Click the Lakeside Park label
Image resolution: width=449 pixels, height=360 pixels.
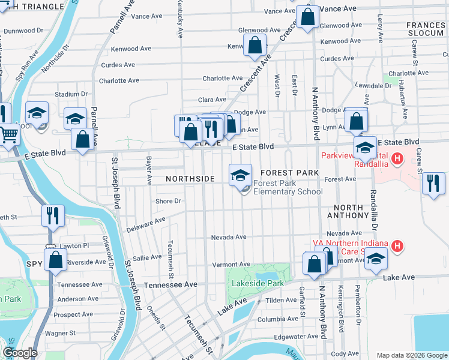(x=255, y=283)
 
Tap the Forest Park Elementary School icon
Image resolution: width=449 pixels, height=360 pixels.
(x=241, y=175)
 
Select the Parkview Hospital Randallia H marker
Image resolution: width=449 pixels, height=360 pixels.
(x=397, y=158)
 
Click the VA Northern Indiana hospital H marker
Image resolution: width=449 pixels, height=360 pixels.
(x=397, y=246)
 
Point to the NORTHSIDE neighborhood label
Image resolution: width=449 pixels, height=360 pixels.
(x=190, y=179)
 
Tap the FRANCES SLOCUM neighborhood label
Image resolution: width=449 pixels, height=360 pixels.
(x=425, y=29)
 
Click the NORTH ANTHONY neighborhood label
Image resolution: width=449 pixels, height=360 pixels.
(x=348, y=211)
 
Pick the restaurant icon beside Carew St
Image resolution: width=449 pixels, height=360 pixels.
(x=433, y=184)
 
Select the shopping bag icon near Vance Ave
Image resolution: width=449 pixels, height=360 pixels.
(x=307, y=18)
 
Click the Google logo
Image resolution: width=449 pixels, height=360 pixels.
(x=20, y=353)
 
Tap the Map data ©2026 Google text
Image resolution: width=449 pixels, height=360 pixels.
(x=411, y=355)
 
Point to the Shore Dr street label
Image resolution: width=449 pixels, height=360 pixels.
(x=168, y=201)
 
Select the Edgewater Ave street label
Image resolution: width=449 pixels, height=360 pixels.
(x=295, y=337)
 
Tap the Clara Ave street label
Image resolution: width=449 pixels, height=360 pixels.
(x=212, y=100)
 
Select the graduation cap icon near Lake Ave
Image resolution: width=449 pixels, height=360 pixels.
(x=376, y=259)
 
